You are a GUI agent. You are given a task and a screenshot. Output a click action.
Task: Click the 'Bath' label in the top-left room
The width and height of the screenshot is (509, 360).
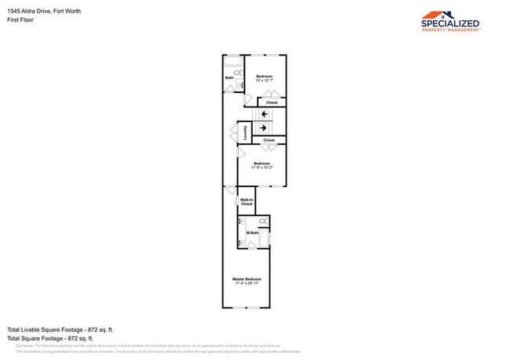(229, 77)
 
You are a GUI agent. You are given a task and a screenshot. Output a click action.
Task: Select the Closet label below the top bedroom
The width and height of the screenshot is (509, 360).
(271, 103)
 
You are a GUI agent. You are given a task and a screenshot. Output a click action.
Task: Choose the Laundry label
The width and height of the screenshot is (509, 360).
(245, 131)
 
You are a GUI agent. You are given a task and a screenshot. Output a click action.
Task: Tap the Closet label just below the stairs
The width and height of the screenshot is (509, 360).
(269, 140)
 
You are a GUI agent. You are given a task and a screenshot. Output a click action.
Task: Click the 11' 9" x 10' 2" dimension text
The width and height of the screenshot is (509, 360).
(262, 167)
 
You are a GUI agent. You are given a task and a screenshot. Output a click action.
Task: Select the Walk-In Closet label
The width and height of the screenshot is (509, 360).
(247, 202)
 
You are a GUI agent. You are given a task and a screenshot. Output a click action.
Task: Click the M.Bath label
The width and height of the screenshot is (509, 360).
(253, 232)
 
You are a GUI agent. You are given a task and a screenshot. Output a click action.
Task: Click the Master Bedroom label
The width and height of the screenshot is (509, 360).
(247, 279)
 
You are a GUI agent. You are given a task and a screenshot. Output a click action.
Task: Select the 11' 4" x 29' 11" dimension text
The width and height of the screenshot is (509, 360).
(247, 283)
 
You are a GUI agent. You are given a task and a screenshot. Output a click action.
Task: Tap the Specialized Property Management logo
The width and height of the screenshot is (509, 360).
(450, 20)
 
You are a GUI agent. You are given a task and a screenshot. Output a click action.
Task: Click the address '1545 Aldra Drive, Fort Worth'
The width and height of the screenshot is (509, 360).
(45, 11)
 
